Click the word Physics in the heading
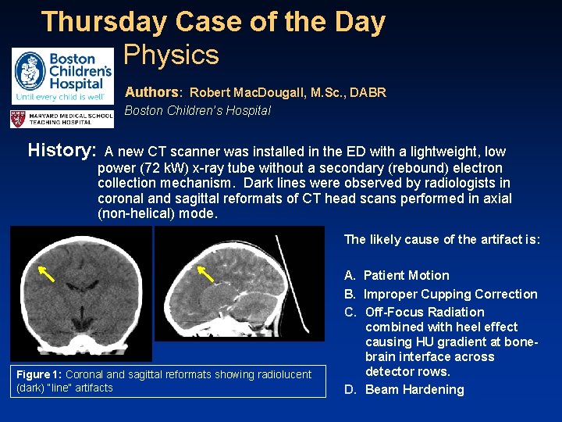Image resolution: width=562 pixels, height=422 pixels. pyautogui.click(x=171, y=55)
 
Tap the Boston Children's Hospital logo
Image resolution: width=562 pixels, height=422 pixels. pyautogui.click(x=62, y=76)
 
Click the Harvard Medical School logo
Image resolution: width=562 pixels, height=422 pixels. pyautogui.click(x=62, y=119)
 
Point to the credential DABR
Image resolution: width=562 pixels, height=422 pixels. pyautogui.click(x=368, y=92)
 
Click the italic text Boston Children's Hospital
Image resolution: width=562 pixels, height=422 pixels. pyautogui.click(x=197, y=110)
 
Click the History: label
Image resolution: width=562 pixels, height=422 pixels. pyautogui.click(x=62, y=150)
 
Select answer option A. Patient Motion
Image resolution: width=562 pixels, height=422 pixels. pyautogui.click(x=397, y=275)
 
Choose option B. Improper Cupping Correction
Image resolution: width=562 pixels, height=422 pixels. pyautogui.click(x=440, y=294)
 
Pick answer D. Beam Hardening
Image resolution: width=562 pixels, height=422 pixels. pyautogui.click(x=404, y=389)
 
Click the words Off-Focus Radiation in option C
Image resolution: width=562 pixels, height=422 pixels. pyautogui.click(x=425, y=312)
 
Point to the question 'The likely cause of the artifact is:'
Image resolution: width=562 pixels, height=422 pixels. pyautogui.click(x=441, y=239)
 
